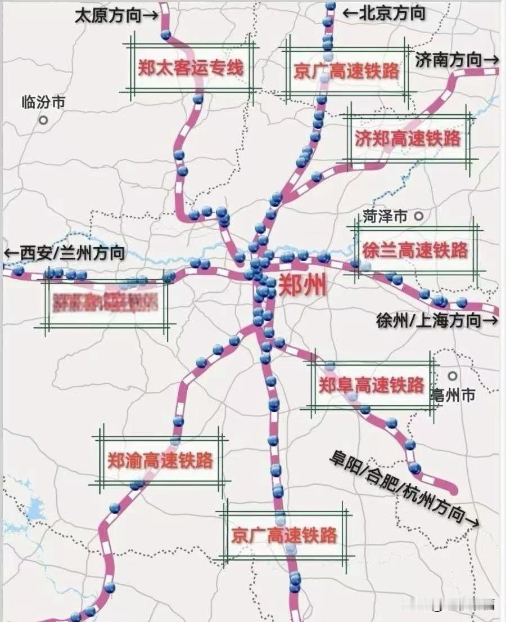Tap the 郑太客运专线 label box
pos(191,68)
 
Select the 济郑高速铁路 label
pos(408,138)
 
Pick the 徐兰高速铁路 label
pos(415,250)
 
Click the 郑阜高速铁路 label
pos(371,386)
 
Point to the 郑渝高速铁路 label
pos(160,461)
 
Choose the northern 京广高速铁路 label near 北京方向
pos(346,71)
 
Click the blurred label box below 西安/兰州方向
pos(105,302)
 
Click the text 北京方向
pos(384,12)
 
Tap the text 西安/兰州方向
pos(64,253)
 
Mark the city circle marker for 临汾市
pos(43,120)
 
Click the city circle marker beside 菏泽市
pos(418,215)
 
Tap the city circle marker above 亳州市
pos(453,375)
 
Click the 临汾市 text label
pos(43,102)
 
